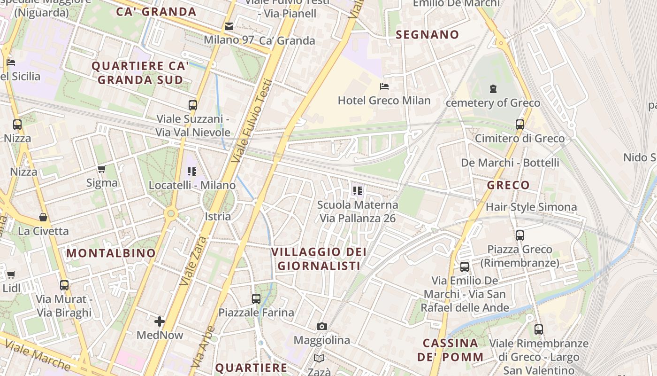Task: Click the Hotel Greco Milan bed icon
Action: point(384,86)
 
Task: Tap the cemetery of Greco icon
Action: point(493,88)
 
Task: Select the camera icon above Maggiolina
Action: point(321,326)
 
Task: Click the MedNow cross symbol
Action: point(160,321)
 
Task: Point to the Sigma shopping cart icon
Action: point(102,169)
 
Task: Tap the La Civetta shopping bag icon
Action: point(43,217)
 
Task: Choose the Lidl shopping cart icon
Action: point(11,274)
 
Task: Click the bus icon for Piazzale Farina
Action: point(256,298)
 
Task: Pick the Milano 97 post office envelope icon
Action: point(229,26)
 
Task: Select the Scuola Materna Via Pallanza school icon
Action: point(358,191)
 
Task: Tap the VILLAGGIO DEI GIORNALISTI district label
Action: point(319,259)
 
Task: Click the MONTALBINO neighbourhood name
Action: point(111,253)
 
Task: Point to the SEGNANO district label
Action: point(427,34)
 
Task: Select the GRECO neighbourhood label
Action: point(508,185)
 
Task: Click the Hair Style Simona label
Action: point(531,207)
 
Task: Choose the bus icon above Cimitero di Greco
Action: point(519,125)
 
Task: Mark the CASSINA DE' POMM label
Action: point(451,350)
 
